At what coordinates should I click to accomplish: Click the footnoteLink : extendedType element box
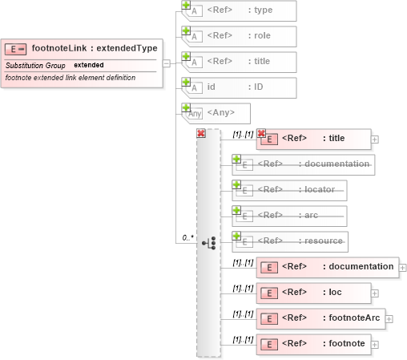pos(84,47)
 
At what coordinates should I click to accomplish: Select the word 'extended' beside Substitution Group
pos(88,64)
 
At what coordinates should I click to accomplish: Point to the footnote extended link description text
pos(70,77)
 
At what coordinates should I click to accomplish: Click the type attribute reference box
pos(241,11)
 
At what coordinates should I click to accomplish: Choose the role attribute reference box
pos(241,37)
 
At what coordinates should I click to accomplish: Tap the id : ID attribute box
pos(241,88)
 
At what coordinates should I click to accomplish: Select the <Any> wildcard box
pos(218,113)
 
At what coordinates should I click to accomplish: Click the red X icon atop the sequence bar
pos(201,133)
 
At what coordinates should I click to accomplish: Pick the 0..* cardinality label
pos(187,237)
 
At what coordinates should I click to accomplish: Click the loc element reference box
pos(314,293)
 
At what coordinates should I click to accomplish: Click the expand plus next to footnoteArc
pos(389,318)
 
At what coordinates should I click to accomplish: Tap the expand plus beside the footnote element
pos(375,344)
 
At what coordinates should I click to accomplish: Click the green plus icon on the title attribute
pos(186,56)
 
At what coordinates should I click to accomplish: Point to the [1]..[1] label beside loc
pos(243,289)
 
